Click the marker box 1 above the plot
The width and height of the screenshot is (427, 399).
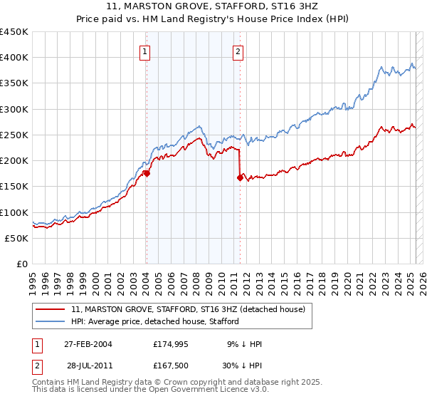(145, 51)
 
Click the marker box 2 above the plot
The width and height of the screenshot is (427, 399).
(238, 51)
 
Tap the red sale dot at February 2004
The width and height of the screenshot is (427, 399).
(146, 173)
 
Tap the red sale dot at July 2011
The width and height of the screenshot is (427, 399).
(240, 178)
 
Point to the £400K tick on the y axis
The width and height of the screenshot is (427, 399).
(14, 58)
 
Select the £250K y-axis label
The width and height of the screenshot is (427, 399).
(14, 135)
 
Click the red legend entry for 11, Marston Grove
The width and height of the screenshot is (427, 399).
(188, 309)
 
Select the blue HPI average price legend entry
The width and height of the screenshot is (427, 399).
(155, 321)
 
